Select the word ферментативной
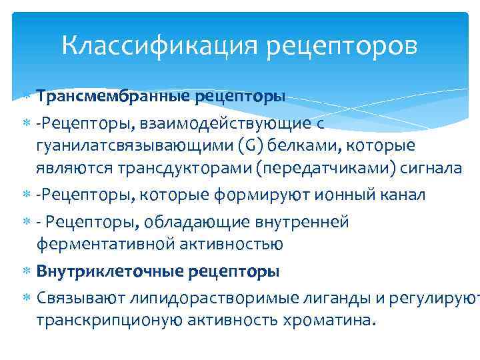point(105,244)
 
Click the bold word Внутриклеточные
point(111,271)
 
